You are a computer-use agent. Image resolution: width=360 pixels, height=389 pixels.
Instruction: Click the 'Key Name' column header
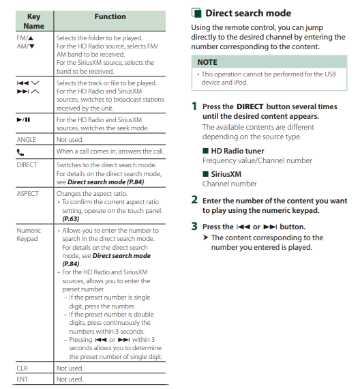click(33, 21)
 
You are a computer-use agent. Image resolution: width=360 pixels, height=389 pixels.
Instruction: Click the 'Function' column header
click(110, 16)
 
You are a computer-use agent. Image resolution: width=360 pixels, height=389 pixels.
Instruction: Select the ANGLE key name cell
click(27, 140)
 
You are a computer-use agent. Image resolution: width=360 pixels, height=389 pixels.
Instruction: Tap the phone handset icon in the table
click(20, 152)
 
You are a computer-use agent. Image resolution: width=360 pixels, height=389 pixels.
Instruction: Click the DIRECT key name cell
click(27, 165)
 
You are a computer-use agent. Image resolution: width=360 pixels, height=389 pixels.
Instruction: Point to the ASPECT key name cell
click(27, 194)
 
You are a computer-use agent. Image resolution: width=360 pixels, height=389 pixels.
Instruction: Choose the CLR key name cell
click(22, 368)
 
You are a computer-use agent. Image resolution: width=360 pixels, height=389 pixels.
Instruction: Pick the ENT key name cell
click(22, 379)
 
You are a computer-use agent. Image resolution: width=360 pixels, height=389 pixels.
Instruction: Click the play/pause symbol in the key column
click(23, 120)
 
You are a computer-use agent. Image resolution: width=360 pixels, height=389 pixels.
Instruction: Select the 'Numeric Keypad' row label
click(29, 235)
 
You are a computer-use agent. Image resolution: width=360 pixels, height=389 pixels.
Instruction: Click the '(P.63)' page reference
click(71, 219)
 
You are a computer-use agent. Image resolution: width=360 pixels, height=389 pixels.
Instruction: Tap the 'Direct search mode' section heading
click(248, 13)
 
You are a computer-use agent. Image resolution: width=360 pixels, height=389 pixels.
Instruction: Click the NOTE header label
click(207, 62)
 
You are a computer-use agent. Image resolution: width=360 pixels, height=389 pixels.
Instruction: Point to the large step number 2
click(194, 200)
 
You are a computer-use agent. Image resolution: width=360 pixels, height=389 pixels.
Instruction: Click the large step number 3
click(194, 227)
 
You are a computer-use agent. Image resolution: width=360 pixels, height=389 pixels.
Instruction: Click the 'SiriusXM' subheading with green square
click(222, 174)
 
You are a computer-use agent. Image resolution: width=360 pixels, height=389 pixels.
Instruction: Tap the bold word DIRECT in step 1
click(250, 106)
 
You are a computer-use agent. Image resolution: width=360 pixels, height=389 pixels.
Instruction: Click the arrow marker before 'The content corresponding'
click(205, 237)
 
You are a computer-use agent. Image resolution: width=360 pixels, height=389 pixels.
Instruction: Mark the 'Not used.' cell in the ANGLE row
click(70, 140)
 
